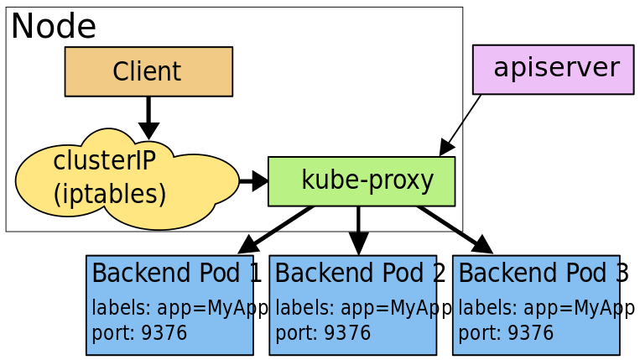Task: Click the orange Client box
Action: click(x=148, y=71)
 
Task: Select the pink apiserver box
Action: click(x=554, y=69)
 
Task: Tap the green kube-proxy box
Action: click(x=362, y=181)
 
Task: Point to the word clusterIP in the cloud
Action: click(x=104, y=161)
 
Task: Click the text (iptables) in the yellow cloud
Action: click(x=110, y=194)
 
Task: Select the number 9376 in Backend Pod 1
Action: click(x=164, y=333)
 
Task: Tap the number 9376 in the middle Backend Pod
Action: click(x=348, y=333)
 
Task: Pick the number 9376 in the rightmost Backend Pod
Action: click(x=531, y=333)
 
